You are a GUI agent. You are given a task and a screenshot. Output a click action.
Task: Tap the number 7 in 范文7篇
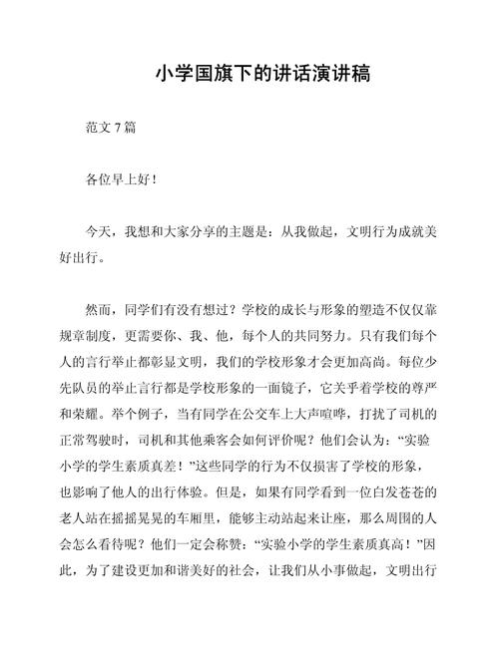tap(119, 128)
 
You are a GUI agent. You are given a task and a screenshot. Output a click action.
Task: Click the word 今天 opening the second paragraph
tap(100, 230)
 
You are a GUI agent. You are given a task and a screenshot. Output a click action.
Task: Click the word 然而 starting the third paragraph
tap(100, 308)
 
